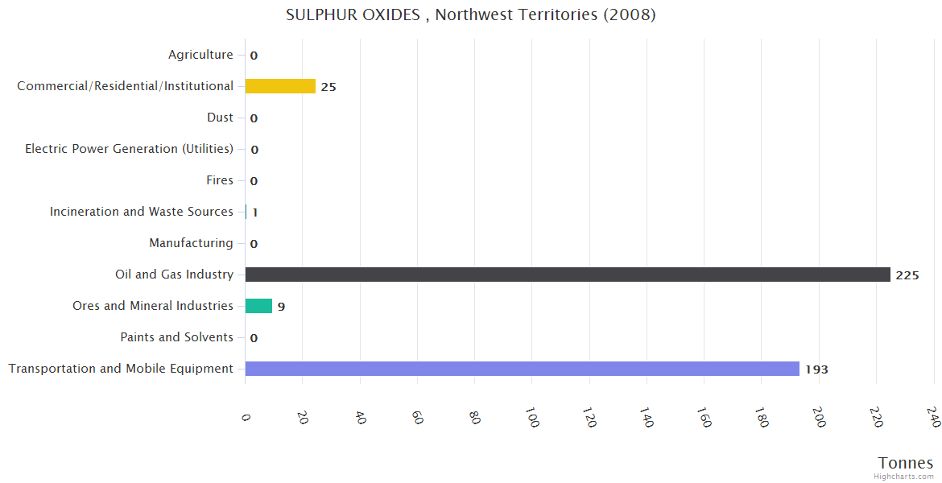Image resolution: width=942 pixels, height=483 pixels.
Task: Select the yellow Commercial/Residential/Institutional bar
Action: (x=280, y=86)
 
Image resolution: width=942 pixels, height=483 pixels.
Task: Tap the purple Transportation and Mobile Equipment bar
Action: (x=522, y=369)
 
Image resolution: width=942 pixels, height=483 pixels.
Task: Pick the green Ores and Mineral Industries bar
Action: (x=258, y=306)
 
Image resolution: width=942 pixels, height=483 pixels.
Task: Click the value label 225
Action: (x=907, y=275)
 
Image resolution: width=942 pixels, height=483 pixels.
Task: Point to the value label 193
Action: (x=816, y=369)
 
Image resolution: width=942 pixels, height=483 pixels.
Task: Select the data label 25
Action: (x=328, y=87)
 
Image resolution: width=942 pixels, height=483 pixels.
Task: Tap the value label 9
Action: (x=281, y=307)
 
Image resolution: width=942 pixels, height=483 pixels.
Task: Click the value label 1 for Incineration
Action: (x=254, y=213)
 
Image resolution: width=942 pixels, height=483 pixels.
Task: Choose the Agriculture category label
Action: (x=200, y=55)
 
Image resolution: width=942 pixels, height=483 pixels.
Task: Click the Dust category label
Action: (x=220, y=118)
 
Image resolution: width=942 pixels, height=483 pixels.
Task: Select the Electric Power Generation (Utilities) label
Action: (x=129, y=149)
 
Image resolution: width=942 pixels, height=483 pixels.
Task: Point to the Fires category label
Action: (x=220, y=180)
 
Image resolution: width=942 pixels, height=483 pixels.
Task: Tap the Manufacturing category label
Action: (x=191, y=243)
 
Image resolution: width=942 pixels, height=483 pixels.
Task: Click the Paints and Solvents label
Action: (x=176, y=337)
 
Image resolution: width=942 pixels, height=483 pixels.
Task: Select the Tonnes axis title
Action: (x=906, y=463)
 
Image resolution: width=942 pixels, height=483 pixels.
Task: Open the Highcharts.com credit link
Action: (x=904, y=477)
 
